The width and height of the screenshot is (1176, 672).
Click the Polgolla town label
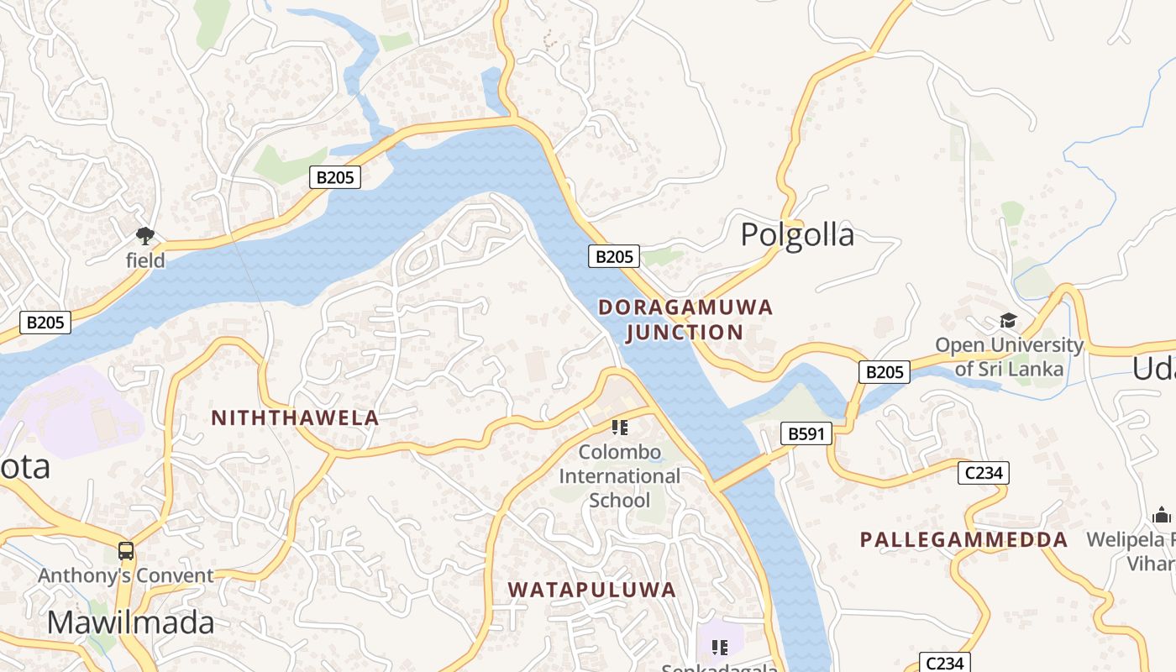tap(797, 234)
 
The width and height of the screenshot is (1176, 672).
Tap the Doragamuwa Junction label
tap(685, 319)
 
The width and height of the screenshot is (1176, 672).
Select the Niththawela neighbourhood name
tap(295, 417)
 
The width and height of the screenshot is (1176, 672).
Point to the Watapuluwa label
tap(592, 590)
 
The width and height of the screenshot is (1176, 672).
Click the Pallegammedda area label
tap(963, 539)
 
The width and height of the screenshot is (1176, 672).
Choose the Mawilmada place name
tap(130, 622)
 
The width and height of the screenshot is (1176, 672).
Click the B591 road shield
tap(806, 433)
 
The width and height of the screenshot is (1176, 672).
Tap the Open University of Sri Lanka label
tap(1009, 356)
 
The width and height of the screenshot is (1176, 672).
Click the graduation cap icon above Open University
tap(1008, 321)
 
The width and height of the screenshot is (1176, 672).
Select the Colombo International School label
tap(620, 476)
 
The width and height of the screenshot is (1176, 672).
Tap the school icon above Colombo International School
tap(620, 428)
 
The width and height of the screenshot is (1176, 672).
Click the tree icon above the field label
tap(145, 236)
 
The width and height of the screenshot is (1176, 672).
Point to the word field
tap(145, 260)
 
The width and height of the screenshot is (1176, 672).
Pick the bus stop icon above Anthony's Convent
tap(126, 551)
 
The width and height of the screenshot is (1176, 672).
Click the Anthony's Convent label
tap(126, 575)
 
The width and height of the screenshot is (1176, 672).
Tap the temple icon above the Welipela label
tap(1163, 514)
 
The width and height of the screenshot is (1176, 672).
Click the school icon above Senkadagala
tap(719, 647)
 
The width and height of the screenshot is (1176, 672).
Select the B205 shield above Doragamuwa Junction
tap(613, 256)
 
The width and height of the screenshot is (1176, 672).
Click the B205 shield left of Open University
tap(884, 371)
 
